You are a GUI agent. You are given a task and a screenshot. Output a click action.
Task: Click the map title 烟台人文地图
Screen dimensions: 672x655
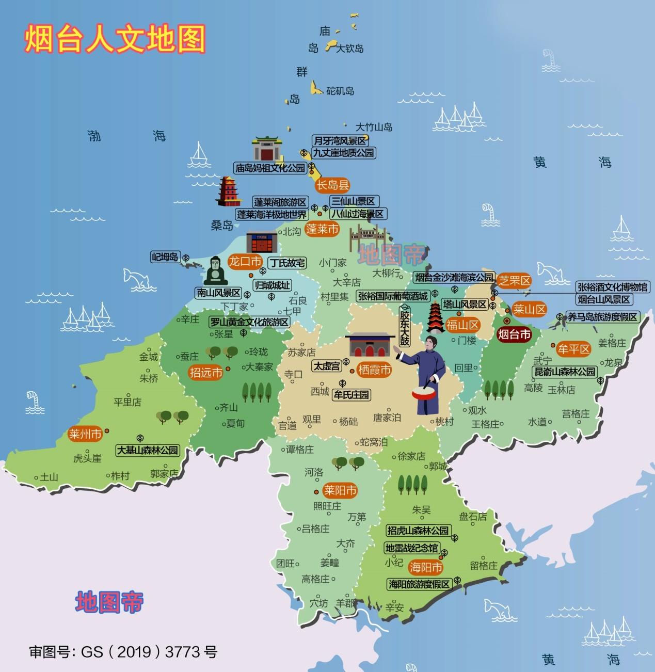point(115,39)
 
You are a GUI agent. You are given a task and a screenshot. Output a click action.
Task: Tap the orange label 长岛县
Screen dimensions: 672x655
point(333,185)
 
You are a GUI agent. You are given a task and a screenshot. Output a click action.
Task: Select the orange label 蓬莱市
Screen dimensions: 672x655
point(322,229)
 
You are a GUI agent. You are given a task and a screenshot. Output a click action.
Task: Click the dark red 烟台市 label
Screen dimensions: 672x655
point(514,334)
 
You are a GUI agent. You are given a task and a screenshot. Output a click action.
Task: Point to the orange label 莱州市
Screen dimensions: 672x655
point(85,434)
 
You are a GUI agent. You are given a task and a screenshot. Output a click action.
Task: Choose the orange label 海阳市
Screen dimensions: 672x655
point(426,568)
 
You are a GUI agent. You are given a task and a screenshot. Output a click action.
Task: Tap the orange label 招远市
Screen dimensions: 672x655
point(206,372)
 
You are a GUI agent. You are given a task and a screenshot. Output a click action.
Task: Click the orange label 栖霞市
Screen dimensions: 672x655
point(374,370)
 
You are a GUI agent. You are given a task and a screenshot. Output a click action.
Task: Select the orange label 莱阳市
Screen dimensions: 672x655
point(340,490)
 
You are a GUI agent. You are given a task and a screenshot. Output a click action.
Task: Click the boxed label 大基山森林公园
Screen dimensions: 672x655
point(147,450)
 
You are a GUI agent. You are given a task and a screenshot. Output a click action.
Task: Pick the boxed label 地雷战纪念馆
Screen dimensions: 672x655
point(412,548)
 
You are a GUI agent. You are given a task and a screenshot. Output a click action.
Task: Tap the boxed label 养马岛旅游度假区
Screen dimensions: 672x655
point(602,317)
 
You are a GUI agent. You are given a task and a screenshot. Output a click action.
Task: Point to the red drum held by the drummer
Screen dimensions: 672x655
point(424,393)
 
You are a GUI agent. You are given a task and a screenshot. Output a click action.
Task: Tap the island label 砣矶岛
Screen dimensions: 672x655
point(340,91)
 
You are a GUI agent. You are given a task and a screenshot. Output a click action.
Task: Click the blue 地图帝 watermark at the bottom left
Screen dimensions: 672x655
point(109,602)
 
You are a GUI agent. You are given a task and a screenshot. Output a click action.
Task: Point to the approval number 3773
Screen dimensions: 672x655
point(183,652)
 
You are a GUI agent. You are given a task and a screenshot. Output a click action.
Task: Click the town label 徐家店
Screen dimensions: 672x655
point(411,456)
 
